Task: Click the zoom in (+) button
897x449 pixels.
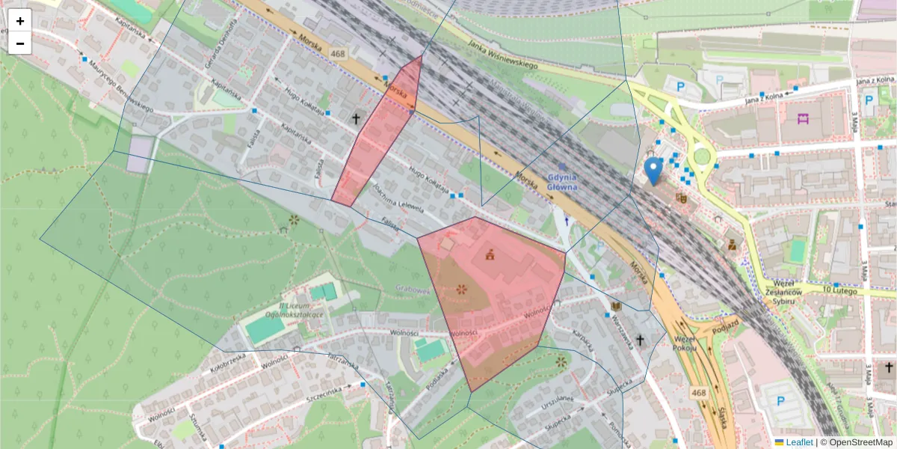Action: click(20, 21)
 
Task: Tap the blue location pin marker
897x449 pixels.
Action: click(653, 171)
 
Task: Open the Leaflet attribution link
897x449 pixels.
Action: click(798, 442)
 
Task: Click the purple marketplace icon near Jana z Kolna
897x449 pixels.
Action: click(804, 118)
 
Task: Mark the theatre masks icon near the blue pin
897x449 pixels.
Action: click(681, 198)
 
